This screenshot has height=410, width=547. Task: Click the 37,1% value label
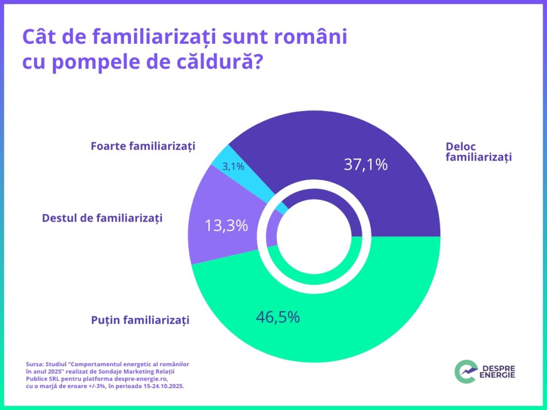pyautogui.click(x=365, y=164)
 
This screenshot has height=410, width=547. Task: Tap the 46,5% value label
pyautogui.click(x=278, y=317)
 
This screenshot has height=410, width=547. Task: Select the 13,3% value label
pyautogui.click(x=226, y=226)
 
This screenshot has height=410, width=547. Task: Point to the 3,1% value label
pyautogui.click(x=233, y=167)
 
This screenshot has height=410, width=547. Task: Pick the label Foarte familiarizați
pyautogui.click(x=143, y=146)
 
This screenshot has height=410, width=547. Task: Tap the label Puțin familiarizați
pyautogui.click(x=140, y=320)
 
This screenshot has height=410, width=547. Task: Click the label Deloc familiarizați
pyautogui.click(x=478, y=152)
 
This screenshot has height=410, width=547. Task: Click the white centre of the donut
pyautogui.click(x=315, y=236)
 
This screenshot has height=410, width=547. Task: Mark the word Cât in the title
pyautogui.click(x=38, y=37)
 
